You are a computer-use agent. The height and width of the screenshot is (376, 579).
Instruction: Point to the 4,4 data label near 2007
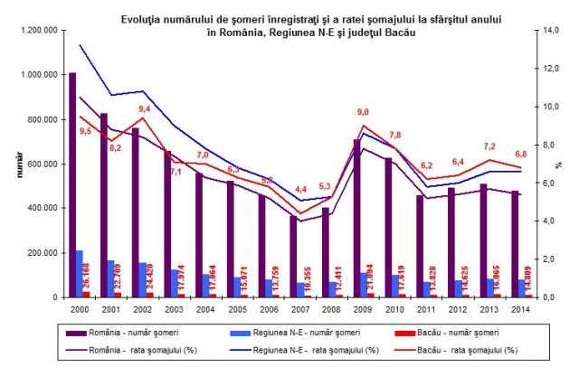pyautogui.click(x=301, y=189)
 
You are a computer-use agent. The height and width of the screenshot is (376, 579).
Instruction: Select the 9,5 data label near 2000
pyautogui.click(x=85, y=131)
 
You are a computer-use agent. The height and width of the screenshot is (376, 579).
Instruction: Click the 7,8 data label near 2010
pyautogui.click(x=394, y=135)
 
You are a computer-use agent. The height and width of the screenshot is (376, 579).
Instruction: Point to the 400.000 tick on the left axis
pyautogui.click(x=41, y=208)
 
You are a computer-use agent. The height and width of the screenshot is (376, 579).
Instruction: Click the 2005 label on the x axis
pyautogui.click(x=235, y=308)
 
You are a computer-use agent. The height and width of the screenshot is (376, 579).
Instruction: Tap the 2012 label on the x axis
pyautogui.click(x=457, y=308)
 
